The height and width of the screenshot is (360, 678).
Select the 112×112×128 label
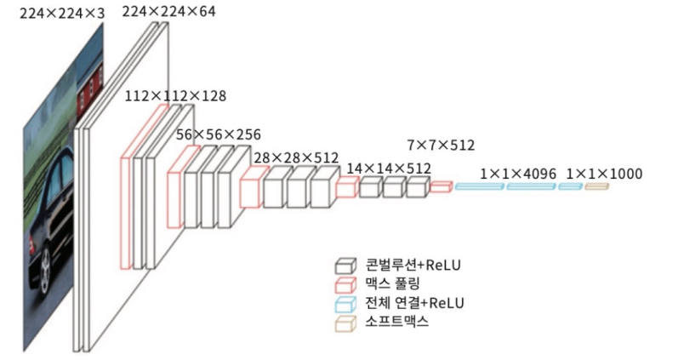[175, 96]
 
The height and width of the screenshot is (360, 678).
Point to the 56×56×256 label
[218, 134]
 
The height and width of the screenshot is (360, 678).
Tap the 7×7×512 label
[442, 145]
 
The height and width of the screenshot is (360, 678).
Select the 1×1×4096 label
[518, 174]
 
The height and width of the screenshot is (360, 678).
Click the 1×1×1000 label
[604, 174]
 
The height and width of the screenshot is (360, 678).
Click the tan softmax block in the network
[596, 186]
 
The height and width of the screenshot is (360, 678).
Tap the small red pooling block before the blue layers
[441, 186]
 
